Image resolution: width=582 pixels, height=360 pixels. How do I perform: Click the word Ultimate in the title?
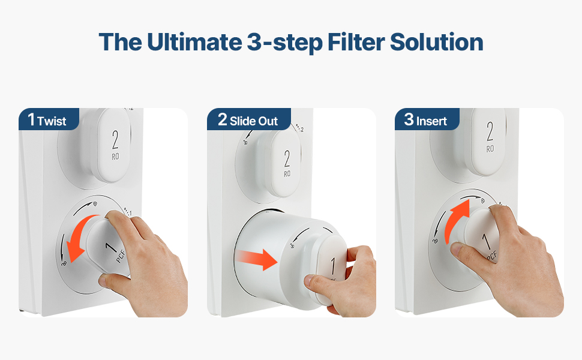coord(194,41)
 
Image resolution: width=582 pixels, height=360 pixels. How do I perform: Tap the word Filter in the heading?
coord(356,41)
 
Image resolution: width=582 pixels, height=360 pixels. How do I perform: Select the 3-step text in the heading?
coord(284,43)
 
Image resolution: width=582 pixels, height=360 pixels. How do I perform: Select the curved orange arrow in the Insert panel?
coord(454,220)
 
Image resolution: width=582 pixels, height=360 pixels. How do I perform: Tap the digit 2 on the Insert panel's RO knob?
coord(490,131)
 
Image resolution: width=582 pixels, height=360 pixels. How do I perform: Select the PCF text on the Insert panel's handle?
coord(492,256)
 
